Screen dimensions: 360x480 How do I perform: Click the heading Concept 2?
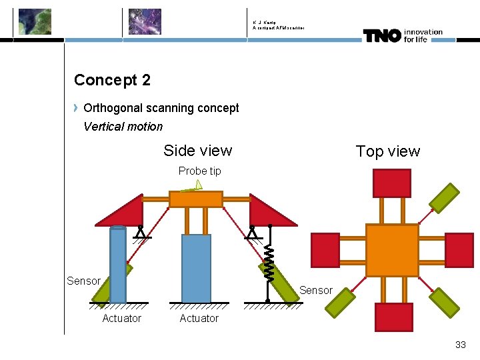pos(112,80)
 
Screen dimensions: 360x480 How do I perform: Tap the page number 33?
pos(460,345)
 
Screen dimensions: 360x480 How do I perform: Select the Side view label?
pos(197,151)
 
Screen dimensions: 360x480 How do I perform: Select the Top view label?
pos(387,151)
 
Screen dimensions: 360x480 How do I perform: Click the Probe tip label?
pos(199,171)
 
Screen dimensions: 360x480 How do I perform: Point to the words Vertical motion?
pos(123,127)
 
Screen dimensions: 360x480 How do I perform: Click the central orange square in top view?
pos(392,250)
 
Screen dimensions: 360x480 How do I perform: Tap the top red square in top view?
pos(391,183)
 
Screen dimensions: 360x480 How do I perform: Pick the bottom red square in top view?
pos(393,317)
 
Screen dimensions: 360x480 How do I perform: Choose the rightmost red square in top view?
pos(459,250)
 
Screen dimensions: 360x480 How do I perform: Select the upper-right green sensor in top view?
pos(444,197)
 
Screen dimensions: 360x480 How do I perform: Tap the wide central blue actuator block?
pos(196,268)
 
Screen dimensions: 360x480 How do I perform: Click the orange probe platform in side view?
pos(195,199)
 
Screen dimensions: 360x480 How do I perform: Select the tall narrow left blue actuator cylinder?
pos(118,265)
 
